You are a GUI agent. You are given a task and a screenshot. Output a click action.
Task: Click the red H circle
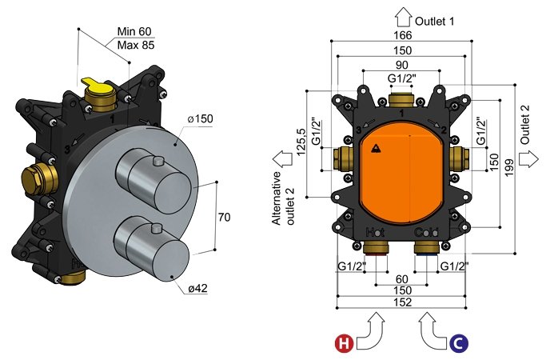click(x=345, y=344)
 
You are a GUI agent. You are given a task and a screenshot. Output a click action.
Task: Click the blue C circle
click(x=459, y=344)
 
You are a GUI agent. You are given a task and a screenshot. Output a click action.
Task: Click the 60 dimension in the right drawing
click(x=401, y=278)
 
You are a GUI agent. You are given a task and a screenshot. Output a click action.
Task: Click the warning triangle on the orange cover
click(x=377, y=147)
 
